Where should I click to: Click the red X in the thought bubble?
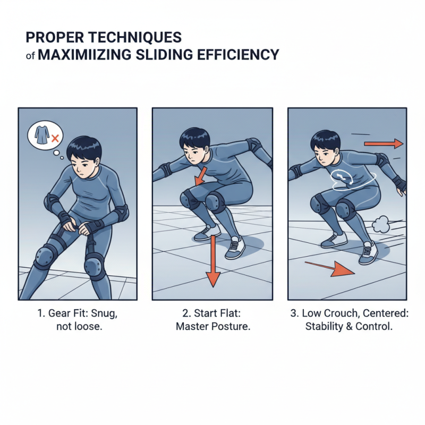54,139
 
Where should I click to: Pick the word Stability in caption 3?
325,327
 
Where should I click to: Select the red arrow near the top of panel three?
384,143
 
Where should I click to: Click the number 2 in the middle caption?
180,314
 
